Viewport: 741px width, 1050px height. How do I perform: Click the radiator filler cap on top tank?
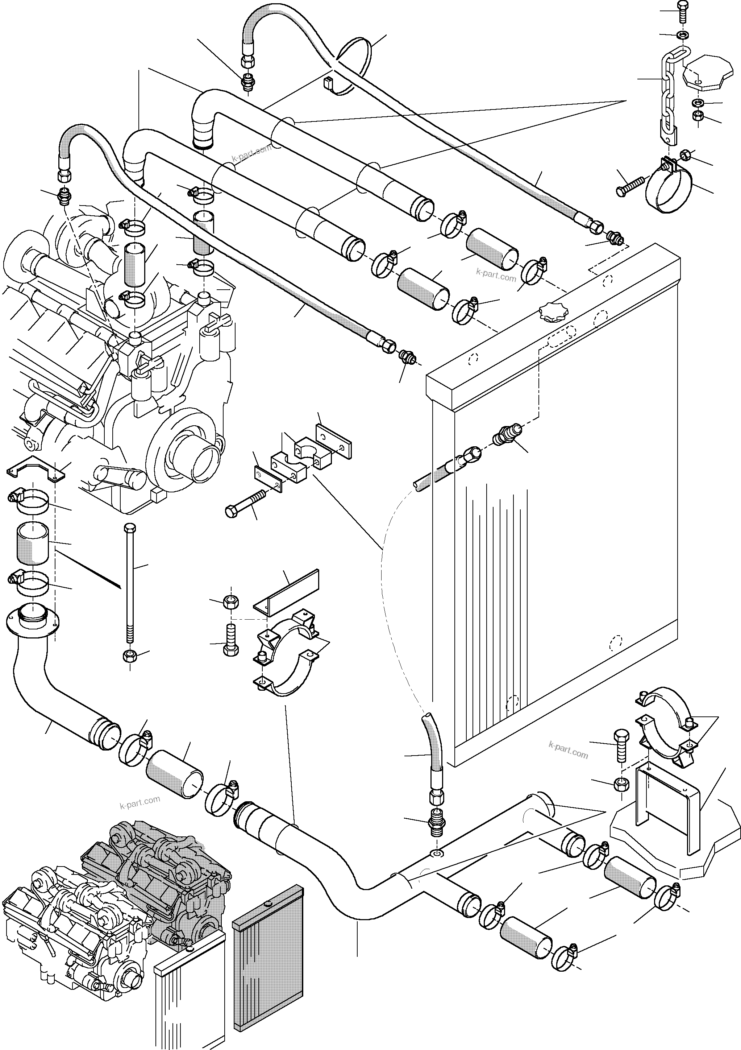point(553,312)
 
